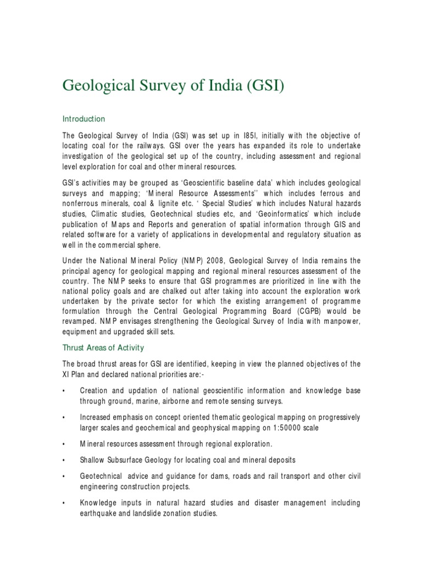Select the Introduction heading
pyautogui.click(x=84, y=119)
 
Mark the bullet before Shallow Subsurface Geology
pyautogui.click(x=64, y=459)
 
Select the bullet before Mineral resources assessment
pyautogui.click(x=64, y=444)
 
